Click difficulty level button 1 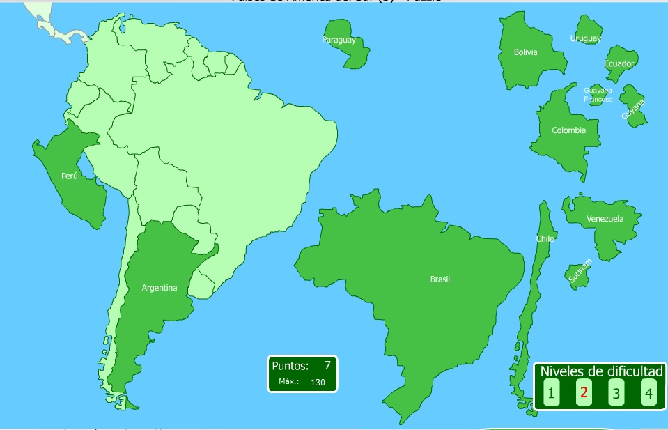pyautogui.click(x=551, y=394)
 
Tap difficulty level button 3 pyautogui.click(x=616, y=394)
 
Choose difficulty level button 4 pyautogui.click(x=648, y=394)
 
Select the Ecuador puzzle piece pyautogui.click(x=620, y=64)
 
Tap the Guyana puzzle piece pyautogui.click(x=634, y=106)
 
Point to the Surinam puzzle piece pyautogui.click(x=578, y=274)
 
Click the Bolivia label pyautogui.click(x=525, y=52)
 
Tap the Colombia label pyautogui.click(x=568, y=130)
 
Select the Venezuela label pyautogui.click(x=605, y=219)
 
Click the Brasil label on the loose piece pyautogui.click(x=440, y=279)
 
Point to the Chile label pyautogui.click(x=545, y=239)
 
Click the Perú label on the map pyautogui.click(x=69, y=177)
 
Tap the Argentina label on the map pyautogui.click(x=160, y=288)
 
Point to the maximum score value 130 pyautogui.click(x=318, y=382)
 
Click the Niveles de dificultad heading pyautogui.click(x=601, y=371)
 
